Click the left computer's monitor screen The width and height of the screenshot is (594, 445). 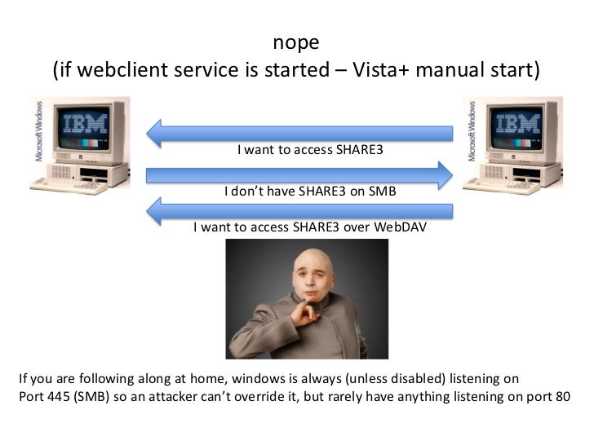[x=84, y=128]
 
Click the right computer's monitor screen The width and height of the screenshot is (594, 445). [x=517, y=127]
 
